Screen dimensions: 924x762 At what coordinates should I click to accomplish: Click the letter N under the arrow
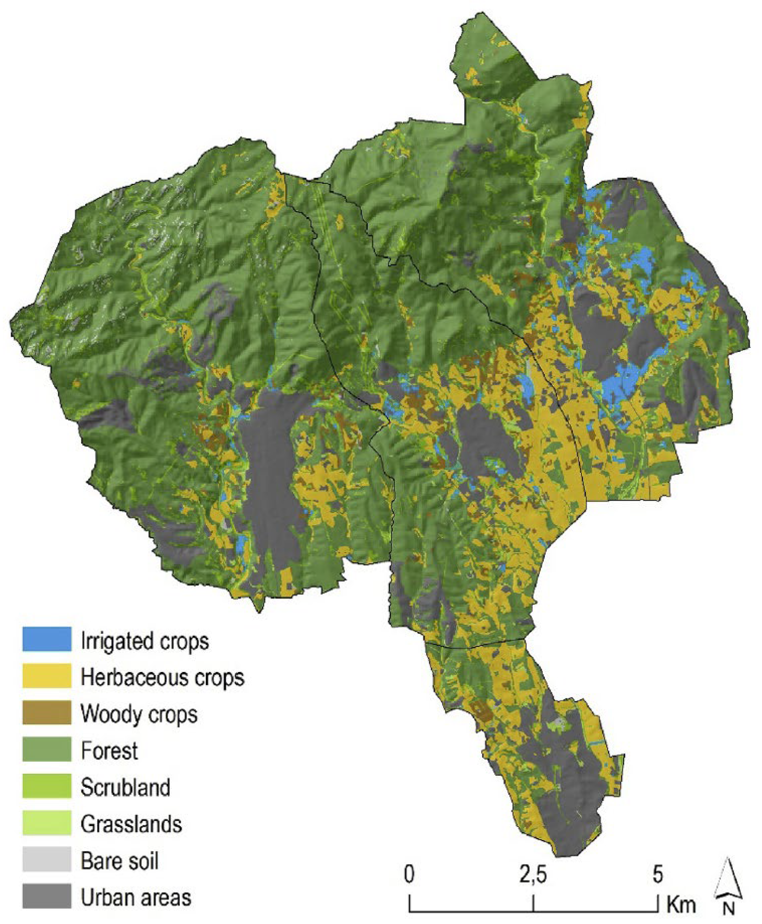(729, 909)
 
